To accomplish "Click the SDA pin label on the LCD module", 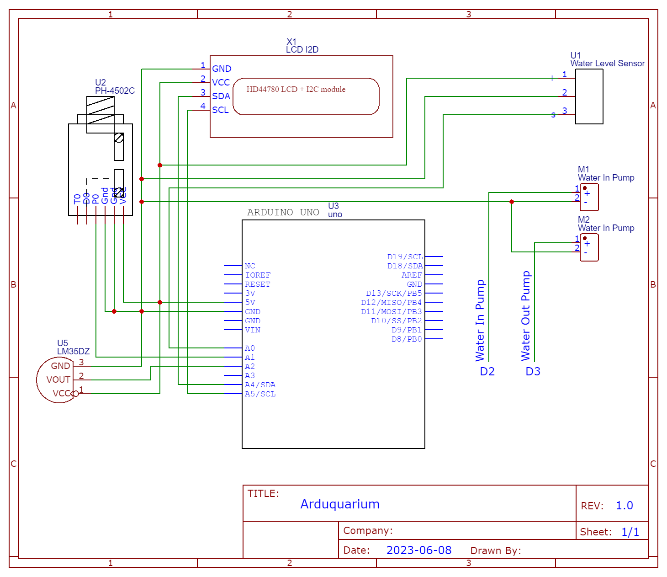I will tap(221, 96).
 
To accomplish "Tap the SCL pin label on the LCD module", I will tap(220, 110).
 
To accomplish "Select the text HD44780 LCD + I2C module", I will tap(296, 89).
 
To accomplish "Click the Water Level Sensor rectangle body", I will tap(589, 96).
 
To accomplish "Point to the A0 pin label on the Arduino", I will tap(249, 348).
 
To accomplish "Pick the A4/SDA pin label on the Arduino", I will tap(260, 385).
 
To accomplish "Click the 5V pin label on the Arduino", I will tap(250, 303).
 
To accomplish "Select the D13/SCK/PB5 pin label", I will tap(393, 294).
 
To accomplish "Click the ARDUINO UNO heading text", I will tap(283, 212).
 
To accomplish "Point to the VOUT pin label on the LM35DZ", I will tap(58, 379).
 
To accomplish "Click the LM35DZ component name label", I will tap(73, 351).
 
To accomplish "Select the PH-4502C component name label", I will tap(115, 91).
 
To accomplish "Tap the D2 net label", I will tap(487, 371).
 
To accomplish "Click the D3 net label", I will tap(533, 371).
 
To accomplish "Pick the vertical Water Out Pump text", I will tap(525, 315).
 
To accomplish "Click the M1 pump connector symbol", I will tap(589, 197).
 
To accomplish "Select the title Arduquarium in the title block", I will tap(339, 504).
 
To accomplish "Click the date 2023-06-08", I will tap(418, 550).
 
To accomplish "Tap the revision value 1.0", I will tap(624, 505).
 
